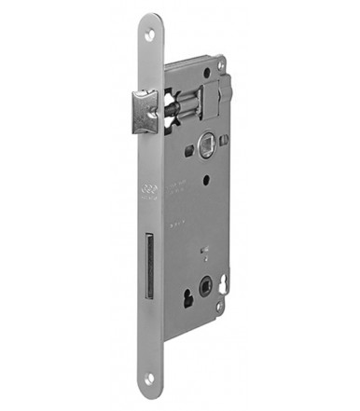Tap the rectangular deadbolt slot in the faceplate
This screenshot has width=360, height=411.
(148, 267)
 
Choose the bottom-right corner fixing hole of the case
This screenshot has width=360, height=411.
(220, 307)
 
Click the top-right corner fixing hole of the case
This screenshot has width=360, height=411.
(221, 67)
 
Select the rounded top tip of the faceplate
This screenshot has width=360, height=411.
(151, 21)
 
